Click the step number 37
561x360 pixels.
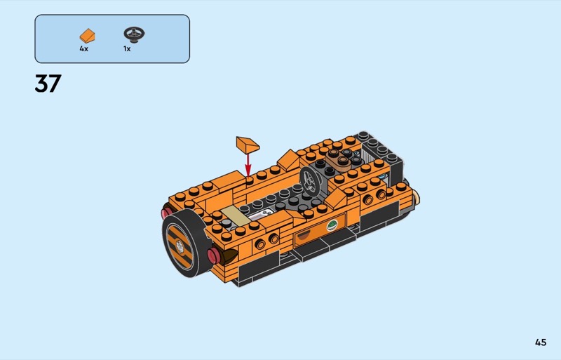coord(48,84)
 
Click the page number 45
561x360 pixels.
coord(541,342)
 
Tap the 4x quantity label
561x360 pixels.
coord(83,48)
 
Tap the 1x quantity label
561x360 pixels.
coord(127,48)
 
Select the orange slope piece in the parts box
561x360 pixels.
coord(87,36)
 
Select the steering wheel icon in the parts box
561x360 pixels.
coord(134,34)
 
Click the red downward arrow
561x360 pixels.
coord(248,165)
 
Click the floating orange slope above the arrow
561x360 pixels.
coord(248,145)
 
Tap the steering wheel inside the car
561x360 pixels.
coord(309,181)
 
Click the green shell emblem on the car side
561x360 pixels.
coord(332,226)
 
